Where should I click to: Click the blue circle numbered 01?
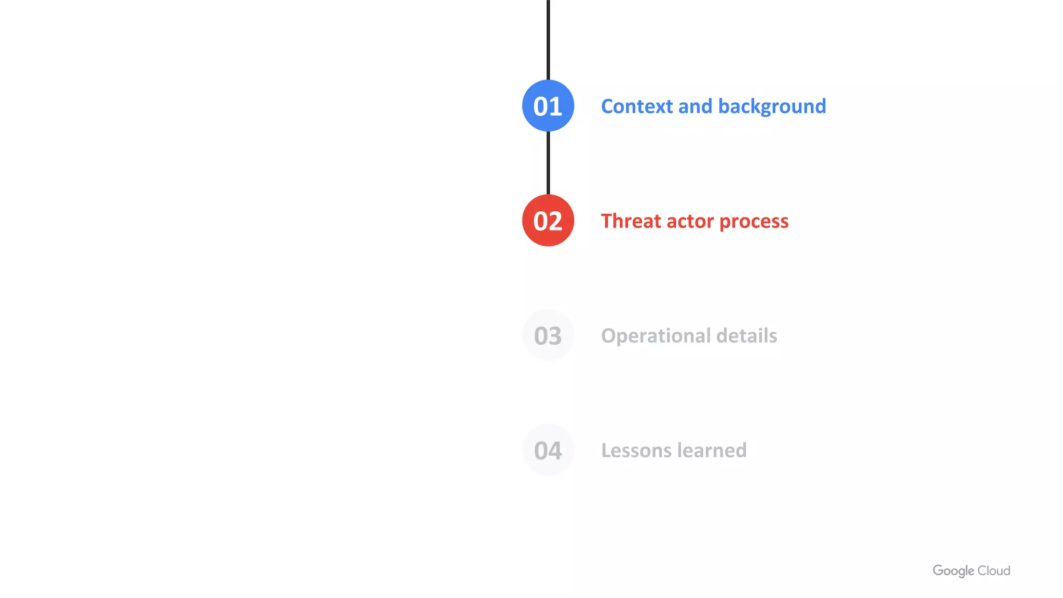548,106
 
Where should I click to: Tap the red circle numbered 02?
548,221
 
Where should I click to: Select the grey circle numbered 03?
548,335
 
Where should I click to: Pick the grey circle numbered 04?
548,450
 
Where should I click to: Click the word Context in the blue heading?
637,106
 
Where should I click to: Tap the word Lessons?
636,451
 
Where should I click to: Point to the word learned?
712,451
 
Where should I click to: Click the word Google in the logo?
953,571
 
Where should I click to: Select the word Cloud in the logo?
994,571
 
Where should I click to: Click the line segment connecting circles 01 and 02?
548,163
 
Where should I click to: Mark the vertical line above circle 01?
548,39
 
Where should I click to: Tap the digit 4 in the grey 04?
555,451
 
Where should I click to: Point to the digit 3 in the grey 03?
555,336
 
